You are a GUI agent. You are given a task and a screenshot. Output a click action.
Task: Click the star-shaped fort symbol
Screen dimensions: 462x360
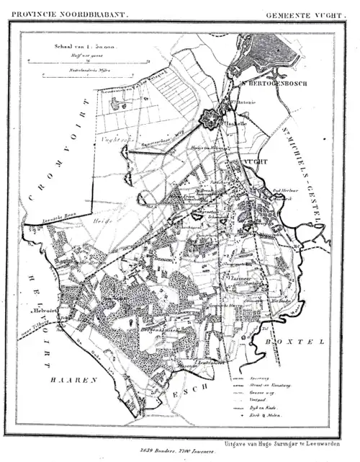point(210,117)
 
